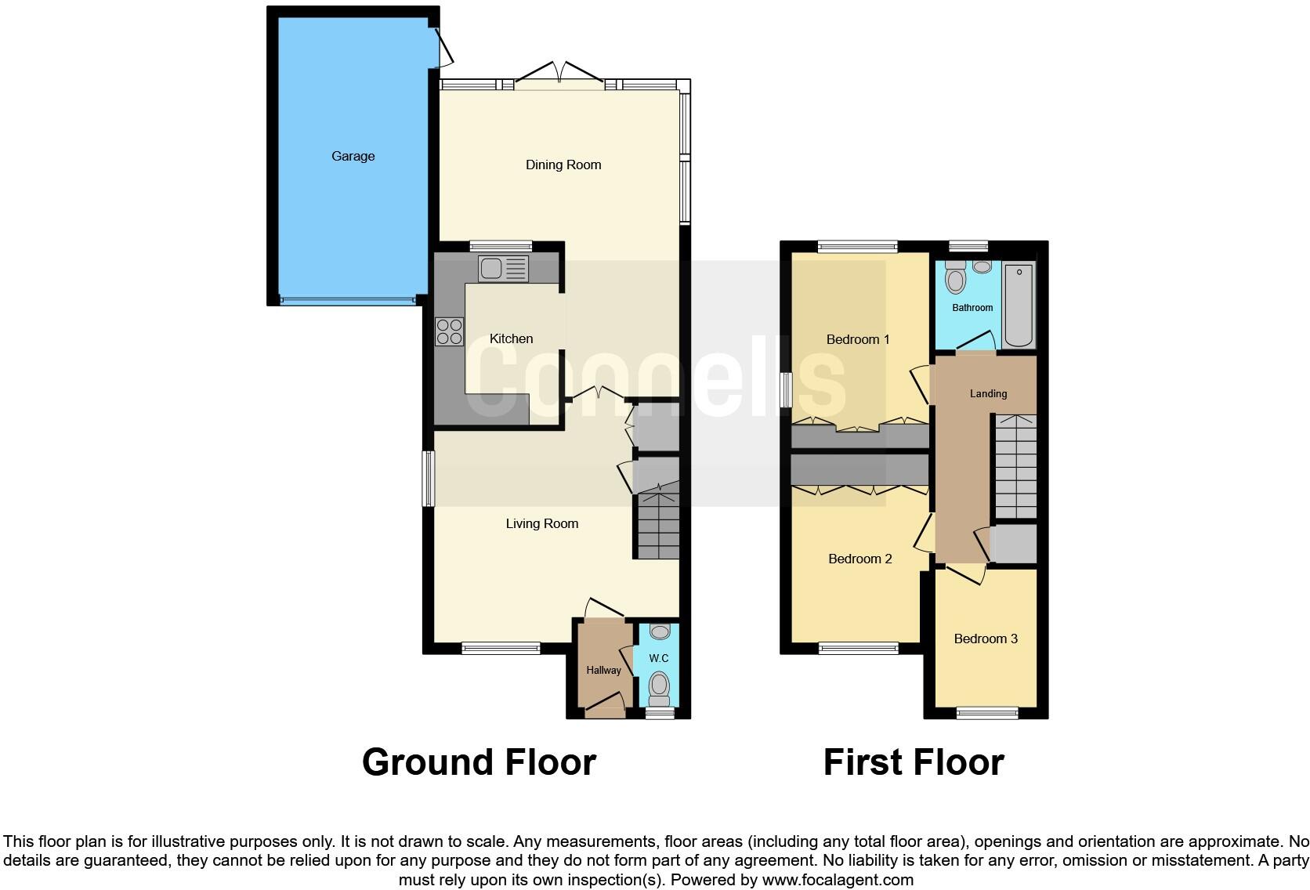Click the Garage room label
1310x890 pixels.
coord(353,156)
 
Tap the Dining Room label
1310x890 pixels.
coord(563,165)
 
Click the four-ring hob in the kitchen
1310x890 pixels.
coord(449,331)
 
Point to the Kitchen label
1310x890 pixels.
coord(511,338)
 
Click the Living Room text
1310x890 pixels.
coord(541,523)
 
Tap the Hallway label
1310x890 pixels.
coord(603,670)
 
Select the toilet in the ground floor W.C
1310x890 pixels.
coord(660,686)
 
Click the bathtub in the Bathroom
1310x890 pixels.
coord(1019,306)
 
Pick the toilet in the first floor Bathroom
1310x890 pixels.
coord(955,278)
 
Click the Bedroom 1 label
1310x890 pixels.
coord(858,339)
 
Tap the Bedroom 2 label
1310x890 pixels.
coord(859,559)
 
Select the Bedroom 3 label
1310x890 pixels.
coord(985,639)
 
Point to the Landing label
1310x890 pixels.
coord(988,393)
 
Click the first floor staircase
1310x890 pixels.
coord(1015,466)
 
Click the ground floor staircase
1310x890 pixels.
coord(657,521)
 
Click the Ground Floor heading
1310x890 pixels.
coord(479,762)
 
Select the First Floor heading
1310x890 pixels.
coord(913,762)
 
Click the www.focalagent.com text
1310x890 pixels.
coord(838,880)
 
